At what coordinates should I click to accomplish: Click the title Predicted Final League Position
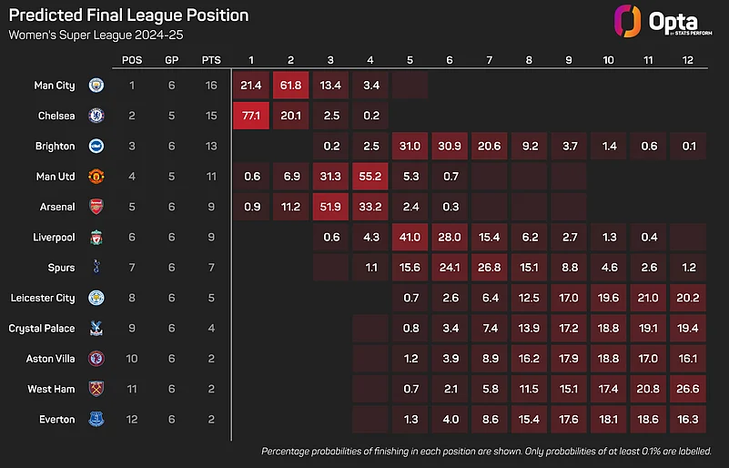click(127, 15)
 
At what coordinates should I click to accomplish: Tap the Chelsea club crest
click(96, 116)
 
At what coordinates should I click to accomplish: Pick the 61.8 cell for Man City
click(290, 85)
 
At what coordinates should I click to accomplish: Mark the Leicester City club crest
click(96, 298)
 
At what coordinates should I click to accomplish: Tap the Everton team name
click(56, 420)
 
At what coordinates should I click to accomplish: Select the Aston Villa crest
click(96, 359)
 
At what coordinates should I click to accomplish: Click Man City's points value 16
click(212, 85)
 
